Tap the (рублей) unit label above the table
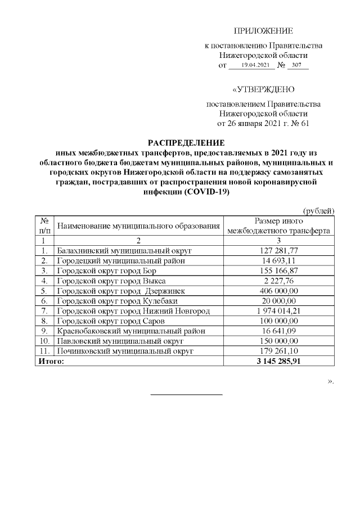coord(319,211)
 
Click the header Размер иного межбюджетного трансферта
coord(279,226)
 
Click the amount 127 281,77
coord(279,250)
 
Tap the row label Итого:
coord(51,362)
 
